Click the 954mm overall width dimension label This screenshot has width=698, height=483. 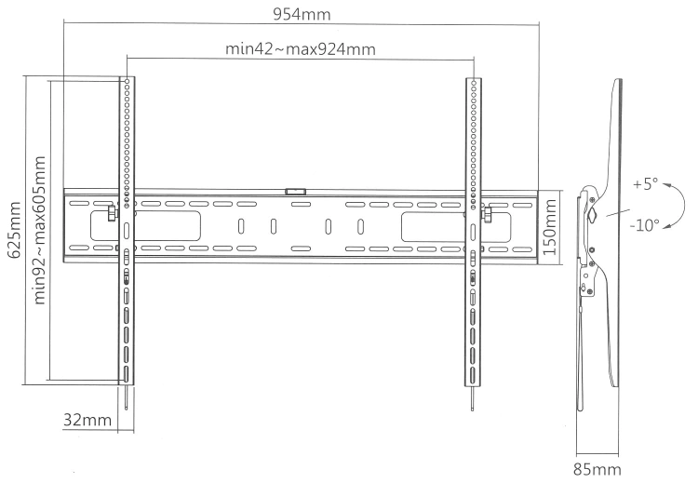tap(302, 14)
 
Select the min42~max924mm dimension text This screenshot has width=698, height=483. tap(301, 48)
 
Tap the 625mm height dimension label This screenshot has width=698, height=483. tap(15, 230)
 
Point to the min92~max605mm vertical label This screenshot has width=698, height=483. tap(40, 230)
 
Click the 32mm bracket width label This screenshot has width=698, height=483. tap(87, 420)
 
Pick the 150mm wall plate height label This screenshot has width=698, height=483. tap(550, 227)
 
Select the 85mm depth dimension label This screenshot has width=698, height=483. tap(597, 469)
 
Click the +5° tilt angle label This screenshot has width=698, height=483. tap(645, 183)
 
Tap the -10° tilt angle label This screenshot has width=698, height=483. tap(644, 225)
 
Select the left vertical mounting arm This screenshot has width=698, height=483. tap(127, 231)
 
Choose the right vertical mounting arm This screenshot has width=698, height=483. tap(473, 232)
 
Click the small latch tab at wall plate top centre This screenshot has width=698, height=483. tap(295, 192)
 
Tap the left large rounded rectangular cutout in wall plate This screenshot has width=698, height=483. tap(145, 226)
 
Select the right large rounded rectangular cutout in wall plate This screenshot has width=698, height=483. tap(456, 227)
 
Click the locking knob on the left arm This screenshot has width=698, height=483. tap(112, 213)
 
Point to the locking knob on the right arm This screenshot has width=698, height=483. tap(488, 215)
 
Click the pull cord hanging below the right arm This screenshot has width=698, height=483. tap(472, 399)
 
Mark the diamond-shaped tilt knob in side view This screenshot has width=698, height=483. tap(592, 216)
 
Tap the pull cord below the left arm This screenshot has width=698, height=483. tap(127, 397)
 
